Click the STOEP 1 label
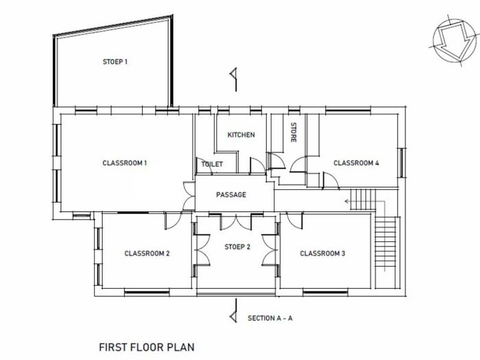tap(115, 62)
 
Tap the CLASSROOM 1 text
tap(125, 163)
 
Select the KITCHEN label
tap(241, 134)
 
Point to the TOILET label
tap(212, 164)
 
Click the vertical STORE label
tap(293, 132)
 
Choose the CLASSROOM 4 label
tap(356, 163)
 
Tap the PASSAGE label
tap(231, 195)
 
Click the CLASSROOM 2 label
tap(147, 254)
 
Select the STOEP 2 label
tap(237, 247)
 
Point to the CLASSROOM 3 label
tap(322, 254)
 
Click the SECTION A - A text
tap(270, 318)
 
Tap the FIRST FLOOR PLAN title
tap(147, 347)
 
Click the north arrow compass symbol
tap(455, 39)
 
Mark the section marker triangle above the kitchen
tap(234, 74)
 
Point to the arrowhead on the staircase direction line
tap(347, 202)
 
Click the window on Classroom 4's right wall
tap(401, 163)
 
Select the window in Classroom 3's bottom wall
tap(326, 293)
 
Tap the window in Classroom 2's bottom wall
tap(147, 293)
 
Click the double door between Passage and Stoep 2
tap(236, 221)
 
